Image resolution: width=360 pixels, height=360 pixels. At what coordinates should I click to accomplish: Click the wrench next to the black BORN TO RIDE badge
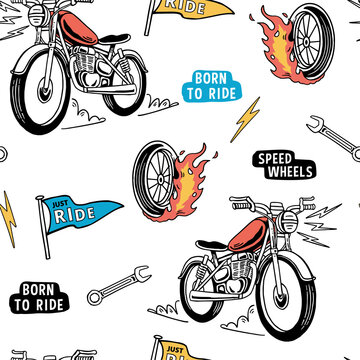[118, 284]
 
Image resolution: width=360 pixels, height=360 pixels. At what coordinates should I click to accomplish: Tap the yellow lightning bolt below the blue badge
[246, 117]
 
